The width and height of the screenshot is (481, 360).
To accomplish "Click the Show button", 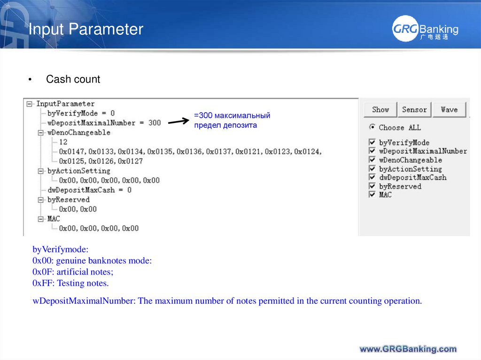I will pyautogui.click(x=380, y=110).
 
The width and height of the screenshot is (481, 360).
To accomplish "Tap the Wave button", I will pyautogui.click(x=449, y=110).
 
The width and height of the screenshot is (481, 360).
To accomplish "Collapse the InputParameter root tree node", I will pyautogui.click(x=30, y=104).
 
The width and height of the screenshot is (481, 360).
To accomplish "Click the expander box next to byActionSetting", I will pyautogui.click(x=41, y=171).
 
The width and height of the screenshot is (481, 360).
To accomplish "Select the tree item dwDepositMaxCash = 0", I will pyautogui.click(x=89, y=190).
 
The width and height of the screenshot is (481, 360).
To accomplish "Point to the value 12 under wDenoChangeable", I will pyautogui.click(x=63, y=142).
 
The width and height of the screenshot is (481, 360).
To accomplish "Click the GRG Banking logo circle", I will pyautogui.click(x=404, y=30).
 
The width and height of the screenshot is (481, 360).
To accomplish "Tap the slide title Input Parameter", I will pyautogui.click(x=85, y=30).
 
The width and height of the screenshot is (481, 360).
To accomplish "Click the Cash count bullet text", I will pyautogui.click(x=73, y=79).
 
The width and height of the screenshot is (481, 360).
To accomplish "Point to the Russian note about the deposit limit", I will pyautogui.click(x=232, y=121).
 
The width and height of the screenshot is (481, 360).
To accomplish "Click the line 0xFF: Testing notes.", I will pyautogui.click(x=70, y=283).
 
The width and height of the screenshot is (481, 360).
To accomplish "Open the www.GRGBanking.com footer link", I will pyautogui.click(x=408, y=349).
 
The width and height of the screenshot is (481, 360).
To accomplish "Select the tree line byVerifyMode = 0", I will pyautogui.click(x=81, y=113).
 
